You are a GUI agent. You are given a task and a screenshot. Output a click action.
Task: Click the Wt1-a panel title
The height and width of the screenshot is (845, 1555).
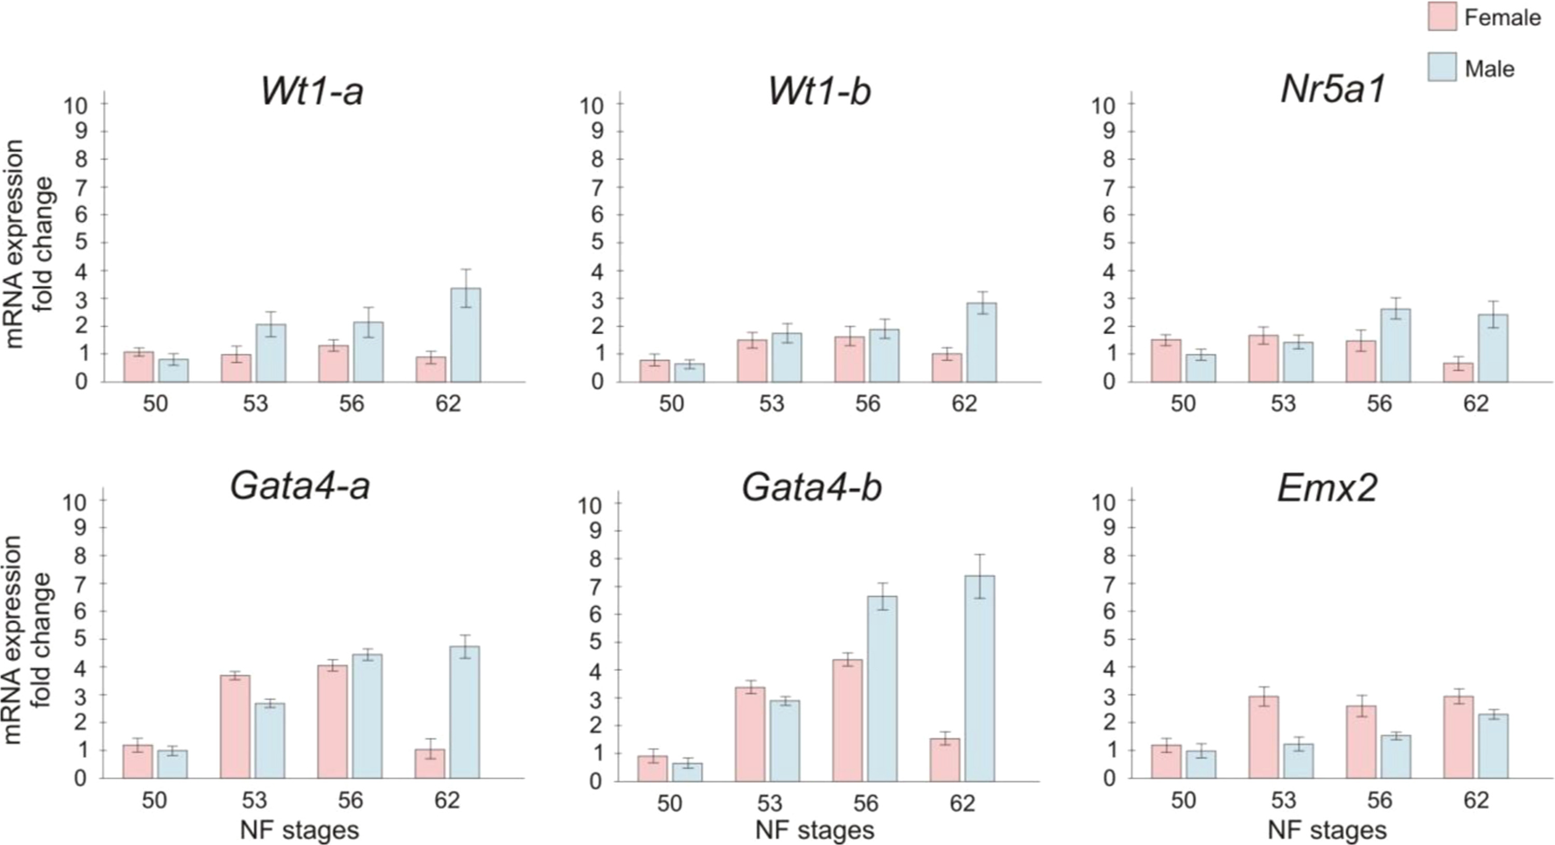pos(312,92)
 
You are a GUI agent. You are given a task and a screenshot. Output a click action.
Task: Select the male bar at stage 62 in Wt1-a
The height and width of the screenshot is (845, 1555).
pos(466,336)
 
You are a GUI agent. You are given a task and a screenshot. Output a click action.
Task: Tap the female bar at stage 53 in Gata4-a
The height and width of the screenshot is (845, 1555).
pos(235,727)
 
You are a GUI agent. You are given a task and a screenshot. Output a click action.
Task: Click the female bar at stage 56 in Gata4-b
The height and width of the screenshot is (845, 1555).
pos(847,721)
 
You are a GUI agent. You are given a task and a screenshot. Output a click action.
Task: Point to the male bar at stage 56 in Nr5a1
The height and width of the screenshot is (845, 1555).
pos(1396,346)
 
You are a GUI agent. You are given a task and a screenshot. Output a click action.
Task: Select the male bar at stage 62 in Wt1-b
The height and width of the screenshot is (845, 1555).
pos(982,343)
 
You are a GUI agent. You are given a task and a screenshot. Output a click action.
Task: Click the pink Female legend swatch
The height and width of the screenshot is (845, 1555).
pos(1442,16)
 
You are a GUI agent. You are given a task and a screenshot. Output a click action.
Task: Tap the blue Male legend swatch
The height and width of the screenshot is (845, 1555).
pos(1442,67)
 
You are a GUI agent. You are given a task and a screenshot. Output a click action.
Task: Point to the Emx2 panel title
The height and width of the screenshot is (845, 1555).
pos(1328,488)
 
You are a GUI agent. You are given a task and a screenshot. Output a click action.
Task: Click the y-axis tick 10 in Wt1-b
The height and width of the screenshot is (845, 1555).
pos(591,106)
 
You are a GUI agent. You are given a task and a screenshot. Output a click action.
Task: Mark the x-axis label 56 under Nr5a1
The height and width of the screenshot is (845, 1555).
pos(1379,403)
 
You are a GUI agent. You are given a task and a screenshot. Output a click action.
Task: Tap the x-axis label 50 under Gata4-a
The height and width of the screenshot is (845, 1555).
pos(154,800)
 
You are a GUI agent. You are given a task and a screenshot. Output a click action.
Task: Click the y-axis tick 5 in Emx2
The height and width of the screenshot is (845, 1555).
pos(1109,639)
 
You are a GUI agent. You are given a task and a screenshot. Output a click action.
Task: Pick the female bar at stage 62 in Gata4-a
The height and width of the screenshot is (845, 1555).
pos(430,764)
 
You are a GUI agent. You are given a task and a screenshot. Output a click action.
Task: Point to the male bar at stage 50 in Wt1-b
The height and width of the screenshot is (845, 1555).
pos(689,373)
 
